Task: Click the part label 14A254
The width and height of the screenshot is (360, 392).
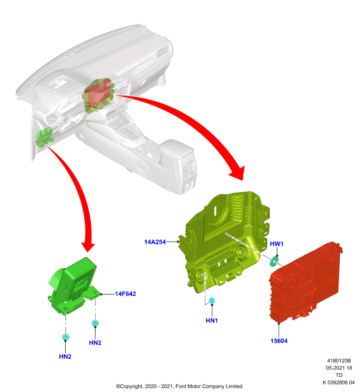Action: pos(155,242)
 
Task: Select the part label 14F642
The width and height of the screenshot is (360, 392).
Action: pos(126,294)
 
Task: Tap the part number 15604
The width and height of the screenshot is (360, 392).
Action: pos(279,341)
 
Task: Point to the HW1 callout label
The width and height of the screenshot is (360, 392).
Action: pos(277,244)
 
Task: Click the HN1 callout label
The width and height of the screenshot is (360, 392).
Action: pos(212,320)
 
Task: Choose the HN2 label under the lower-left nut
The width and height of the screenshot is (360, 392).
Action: pos(65,357)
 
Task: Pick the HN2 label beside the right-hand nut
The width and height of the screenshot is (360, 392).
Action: pos(95,343)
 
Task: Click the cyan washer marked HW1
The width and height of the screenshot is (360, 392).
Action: pos(274,261)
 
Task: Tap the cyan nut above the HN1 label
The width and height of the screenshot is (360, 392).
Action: pos(212,300)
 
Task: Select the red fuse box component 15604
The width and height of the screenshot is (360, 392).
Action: pos(305,281)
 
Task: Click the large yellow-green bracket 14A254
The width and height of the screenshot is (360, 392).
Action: pos(225,240)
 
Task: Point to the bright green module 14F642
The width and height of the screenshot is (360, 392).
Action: pos(74,285)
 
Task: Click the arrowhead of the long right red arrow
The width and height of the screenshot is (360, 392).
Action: pos(238,173)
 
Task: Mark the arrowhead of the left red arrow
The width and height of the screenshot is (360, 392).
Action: pos(88,247)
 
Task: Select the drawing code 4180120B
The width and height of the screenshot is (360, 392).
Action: pos(339,361)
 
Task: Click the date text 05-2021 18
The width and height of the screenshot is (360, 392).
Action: pos(339,368)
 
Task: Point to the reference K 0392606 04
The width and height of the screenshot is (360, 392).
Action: pos(338,383)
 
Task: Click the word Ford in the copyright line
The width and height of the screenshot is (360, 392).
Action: pos(180,386)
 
